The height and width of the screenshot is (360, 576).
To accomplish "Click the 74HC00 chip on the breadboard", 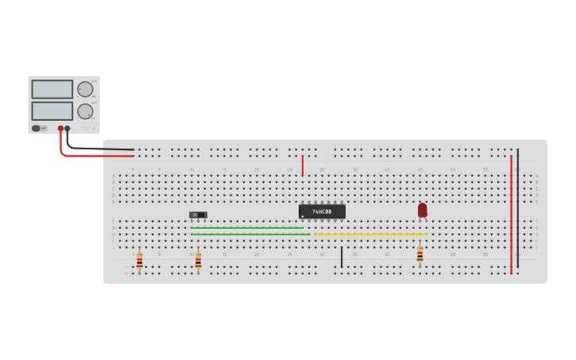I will tap(322, 211).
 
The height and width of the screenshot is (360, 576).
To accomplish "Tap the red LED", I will tap(422, 210).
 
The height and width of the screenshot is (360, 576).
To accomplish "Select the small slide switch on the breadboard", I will tap(198, 215).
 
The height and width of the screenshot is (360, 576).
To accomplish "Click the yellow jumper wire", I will tap(370, 234).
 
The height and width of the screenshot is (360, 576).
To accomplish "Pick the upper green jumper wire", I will tap(246, 228).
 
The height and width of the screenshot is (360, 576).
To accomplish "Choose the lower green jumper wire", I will tap(249, 234).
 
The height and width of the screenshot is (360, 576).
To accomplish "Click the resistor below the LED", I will tap(419, 255).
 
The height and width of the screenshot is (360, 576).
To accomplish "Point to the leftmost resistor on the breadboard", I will tap(139, 260).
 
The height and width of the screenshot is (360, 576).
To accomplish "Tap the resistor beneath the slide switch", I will tap(198, 260).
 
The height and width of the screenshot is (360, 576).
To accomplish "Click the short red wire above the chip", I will tap(303, 165).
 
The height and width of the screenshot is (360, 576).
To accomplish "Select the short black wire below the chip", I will tap(342, 257).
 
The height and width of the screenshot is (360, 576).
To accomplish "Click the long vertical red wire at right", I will tap(511, 215).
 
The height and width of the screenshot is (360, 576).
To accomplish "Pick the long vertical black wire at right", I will tap(517, 207).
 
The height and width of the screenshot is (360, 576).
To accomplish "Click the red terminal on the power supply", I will tap(60, 128).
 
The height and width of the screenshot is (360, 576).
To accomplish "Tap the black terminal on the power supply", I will tap(68, 128).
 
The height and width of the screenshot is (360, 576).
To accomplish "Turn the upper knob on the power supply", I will tap(84, 89).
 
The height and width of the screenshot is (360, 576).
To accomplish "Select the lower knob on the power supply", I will tap(84, 111).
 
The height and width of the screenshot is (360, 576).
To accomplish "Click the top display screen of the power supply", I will tap(52, 89).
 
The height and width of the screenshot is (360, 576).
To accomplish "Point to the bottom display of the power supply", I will tap(52, 110).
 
